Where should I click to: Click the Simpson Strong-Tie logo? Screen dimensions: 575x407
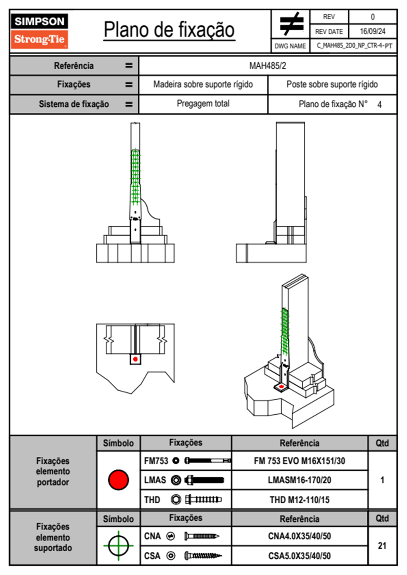tap(39, 31)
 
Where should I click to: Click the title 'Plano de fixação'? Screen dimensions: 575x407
tap(169, 30)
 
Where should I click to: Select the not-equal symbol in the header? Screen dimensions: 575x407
tap(291, 24)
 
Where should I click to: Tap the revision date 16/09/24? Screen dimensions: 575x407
tap(372, 31)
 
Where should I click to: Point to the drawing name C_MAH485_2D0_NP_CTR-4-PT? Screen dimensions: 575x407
tap(354, 46)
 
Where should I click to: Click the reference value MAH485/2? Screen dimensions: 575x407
tap(267, 66)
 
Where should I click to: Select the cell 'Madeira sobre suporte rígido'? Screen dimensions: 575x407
tap(203, 84)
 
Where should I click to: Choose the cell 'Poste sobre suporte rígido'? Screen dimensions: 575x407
tap(332, 84)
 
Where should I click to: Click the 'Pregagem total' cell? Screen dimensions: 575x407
tap(203, 104)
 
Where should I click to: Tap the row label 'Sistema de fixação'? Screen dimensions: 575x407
tap(74, 104)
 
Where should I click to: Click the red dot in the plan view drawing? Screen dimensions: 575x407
tap(135, 359)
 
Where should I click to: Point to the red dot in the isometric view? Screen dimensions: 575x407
tap(281, 387)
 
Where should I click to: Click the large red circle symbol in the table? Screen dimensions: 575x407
tap(118, 480)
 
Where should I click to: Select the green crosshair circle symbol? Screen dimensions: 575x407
tap(118, 545)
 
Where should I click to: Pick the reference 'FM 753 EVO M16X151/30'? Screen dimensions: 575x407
tap(299, 461)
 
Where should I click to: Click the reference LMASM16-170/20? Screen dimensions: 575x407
tap(299, 480)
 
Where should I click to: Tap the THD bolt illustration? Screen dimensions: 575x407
tap(203, 499)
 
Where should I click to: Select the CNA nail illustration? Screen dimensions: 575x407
tap(202, 536)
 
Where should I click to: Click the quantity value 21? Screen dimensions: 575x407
tap(382, 546)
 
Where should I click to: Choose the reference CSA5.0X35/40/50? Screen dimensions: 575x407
tap(299, 556)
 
